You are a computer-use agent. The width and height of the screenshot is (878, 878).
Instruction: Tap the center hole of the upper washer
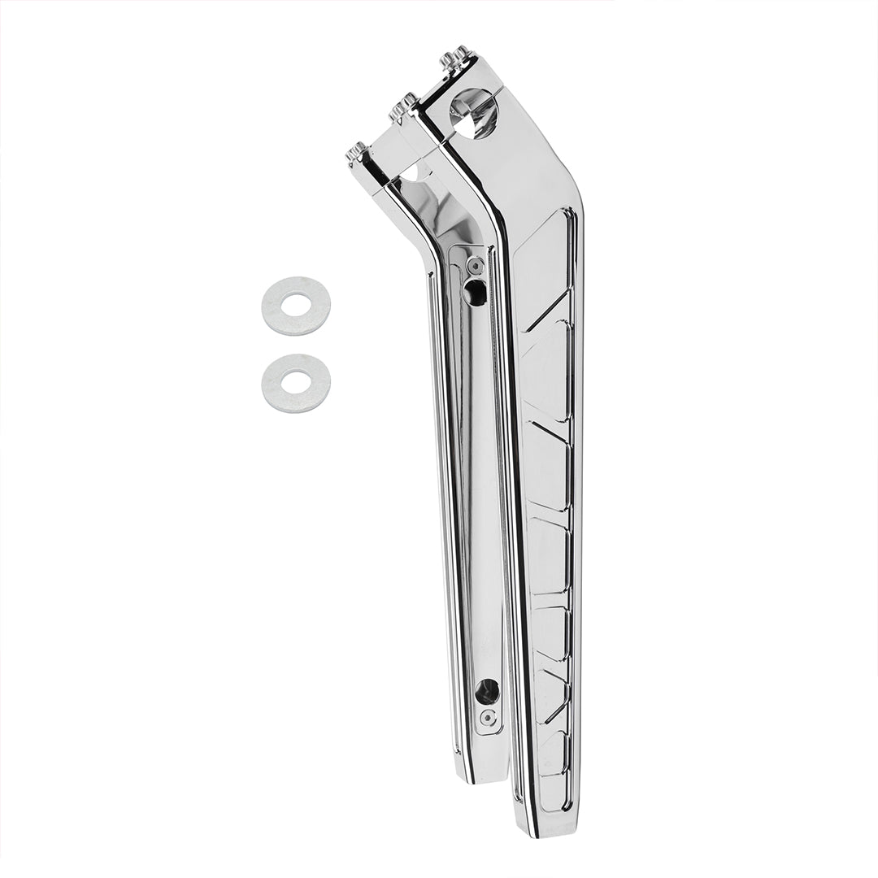tap(296, 306)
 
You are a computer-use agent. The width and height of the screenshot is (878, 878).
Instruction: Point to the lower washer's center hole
tap(296, 382)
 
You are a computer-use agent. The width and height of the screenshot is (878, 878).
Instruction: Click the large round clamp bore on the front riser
tap(474, 113)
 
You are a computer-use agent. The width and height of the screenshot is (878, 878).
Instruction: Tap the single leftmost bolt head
tap(356, 151)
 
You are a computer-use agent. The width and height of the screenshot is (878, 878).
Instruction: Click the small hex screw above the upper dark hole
tap(476, 267)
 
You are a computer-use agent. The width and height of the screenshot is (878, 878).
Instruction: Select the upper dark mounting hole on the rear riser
tap(475, 292)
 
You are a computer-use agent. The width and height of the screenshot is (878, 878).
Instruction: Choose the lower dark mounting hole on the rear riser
tap(487, 691)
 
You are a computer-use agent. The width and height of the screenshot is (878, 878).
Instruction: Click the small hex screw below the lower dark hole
tap(488, 717)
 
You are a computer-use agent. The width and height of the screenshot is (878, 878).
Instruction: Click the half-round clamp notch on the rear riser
tap(415, 173)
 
